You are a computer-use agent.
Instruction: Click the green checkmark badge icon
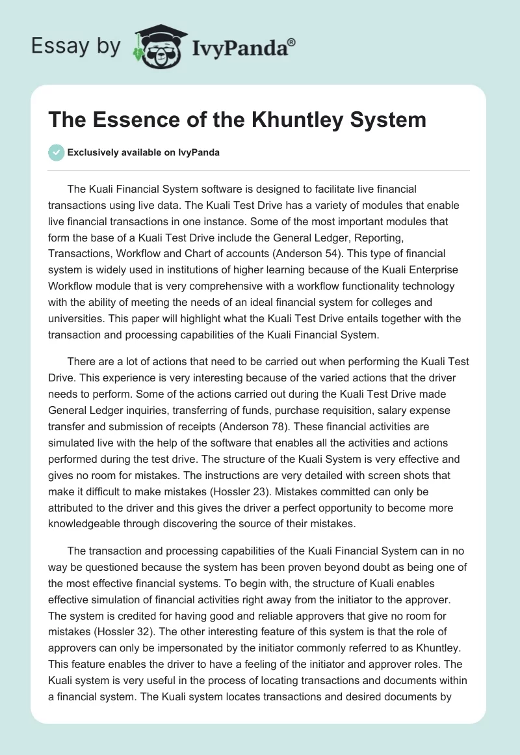point(56,152)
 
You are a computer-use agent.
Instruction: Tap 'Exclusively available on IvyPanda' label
point(143,153)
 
